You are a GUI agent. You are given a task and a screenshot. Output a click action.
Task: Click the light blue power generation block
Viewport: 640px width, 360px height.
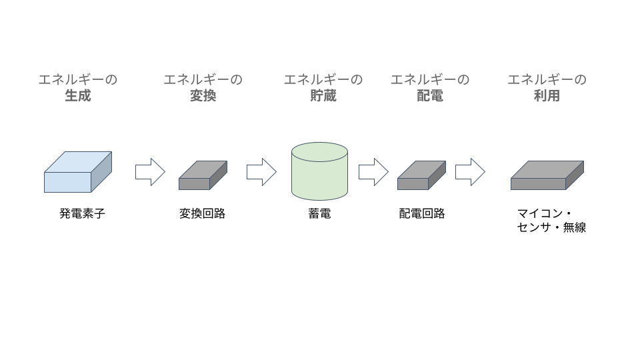(x=77, y=172)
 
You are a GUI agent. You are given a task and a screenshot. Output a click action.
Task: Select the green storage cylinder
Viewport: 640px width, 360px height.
(x=319, y=171)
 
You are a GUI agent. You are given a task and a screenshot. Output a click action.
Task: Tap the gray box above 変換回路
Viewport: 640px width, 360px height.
(x=203, y=175)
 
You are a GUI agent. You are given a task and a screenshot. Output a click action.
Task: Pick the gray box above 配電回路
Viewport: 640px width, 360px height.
(x=421, y=175)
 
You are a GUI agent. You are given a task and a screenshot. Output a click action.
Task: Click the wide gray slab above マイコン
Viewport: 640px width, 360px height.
(x=547, y=175)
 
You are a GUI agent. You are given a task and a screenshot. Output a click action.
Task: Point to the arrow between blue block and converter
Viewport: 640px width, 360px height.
(x=150, y=172)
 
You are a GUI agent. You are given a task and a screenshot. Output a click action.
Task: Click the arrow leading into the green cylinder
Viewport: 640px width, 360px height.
(x=261, y=172)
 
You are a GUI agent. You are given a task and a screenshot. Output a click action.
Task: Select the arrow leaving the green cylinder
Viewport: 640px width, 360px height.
(x=373, y=172)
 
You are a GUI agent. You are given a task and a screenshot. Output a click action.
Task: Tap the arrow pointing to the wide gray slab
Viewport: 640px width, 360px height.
(x=470, y=172)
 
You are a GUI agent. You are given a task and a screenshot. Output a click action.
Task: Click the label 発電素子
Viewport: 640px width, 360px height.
(x=82, y=213)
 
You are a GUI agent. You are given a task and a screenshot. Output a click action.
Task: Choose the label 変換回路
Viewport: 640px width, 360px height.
(x=202, y=213)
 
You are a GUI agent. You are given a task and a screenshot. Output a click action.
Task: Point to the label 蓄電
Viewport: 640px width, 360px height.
(x=319, y=213)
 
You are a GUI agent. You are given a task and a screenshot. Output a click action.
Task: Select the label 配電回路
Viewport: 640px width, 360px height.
(x=421, y=213)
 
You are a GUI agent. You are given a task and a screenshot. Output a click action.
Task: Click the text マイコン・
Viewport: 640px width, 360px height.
(x=545, y=213)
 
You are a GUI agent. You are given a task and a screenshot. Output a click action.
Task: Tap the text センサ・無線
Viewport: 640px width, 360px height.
(x=551, y=227)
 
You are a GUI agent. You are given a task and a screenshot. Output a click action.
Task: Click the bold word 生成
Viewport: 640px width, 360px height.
(x=77, y=95)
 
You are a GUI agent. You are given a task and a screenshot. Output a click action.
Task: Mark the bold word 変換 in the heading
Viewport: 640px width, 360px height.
(x=203, y=95)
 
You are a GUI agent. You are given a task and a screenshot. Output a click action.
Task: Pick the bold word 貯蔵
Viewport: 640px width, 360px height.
(x=323, y=95)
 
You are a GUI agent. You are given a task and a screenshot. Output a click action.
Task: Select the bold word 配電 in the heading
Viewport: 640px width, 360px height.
(x=430, y=95)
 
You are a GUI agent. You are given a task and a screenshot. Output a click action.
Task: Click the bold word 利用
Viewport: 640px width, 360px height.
(x=547, y=95)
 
